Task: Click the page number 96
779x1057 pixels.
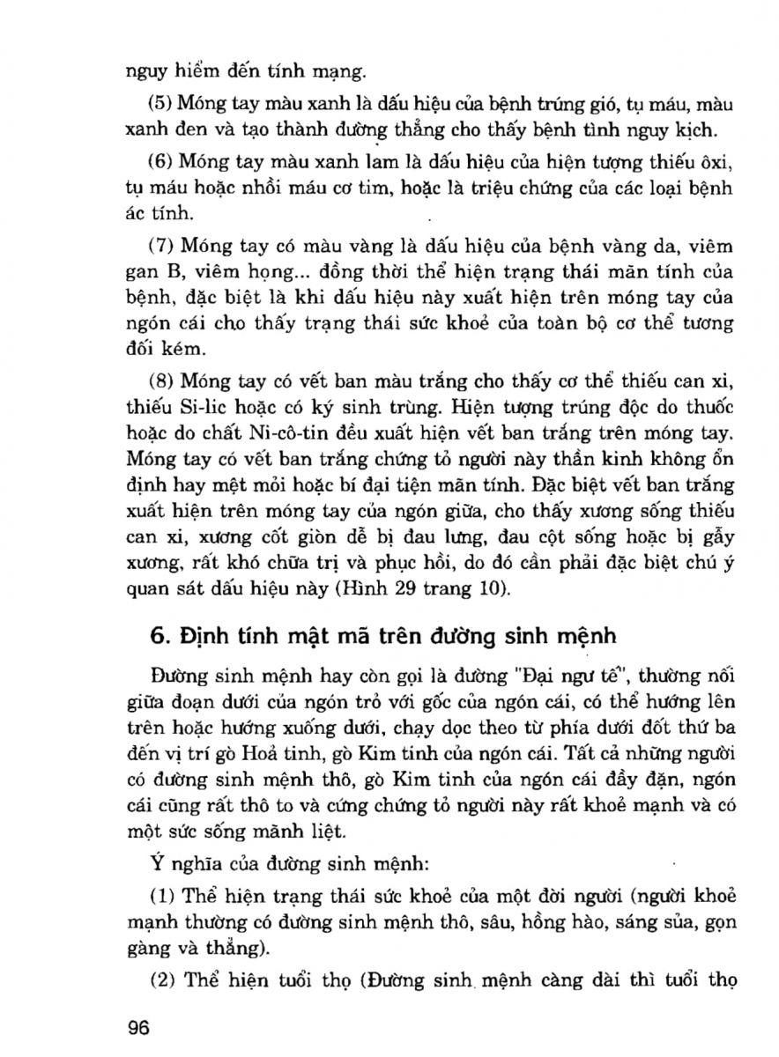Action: (140, 1028)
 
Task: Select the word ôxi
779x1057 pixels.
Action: (713, 163)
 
